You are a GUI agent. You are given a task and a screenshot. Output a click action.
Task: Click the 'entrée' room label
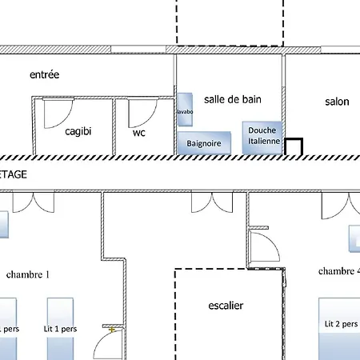coord(45,74)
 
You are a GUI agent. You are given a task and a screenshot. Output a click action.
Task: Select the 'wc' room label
coord(139,133)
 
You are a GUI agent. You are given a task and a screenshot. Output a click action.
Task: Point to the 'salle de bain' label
coord(233,98)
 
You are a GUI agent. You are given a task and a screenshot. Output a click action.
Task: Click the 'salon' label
coord(338,102)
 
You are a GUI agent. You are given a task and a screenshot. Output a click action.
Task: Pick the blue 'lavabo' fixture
coord(185,111)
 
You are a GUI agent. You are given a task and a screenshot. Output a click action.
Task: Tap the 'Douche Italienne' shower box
coord(263,136)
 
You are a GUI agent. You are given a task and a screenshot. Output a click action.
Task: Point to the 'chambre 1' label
coord(28,274)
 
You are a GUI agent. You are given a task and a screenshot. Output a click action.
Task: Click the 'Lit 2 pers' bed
coord(339,326)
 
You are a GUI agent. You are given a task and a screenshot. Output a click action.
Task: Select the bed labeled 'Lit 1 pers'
coord(61,328)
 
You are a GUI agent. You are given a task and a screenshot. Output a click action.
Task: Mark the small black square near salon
coord(294,147)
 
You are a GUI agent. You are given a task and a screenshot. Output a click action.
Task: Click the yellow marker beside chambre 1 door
coord(113,329)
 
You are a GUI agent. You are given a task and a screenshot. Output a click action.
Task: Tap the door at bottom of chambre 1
coord(106,346)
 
